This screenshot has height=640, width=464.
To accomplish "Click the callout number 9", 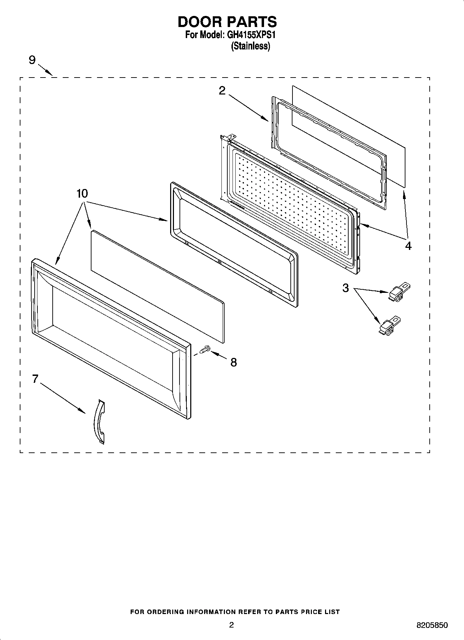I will click(32, 61).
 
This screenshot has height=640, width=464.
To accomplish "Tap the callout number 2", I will click(222, 91).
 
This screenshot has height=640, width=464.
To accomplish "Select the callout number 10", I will click(82, 193).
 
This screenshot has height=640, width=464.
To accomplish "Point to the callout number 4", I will click(408, 246).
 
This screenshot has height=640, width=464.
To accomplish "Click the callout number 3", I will click(345, 288).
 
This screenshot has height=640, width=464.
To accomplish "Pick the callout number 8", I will click(234, 362).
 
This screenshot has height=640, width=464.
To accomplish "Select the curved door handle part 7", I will click(99, 422).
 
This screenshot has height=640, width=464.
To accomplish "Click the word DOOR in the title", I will click(200, 22).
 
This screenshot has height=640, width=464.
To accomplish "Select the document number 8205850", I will click(432, 625).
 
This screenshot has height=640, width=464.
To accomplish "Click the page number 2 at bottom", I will click(231, 625).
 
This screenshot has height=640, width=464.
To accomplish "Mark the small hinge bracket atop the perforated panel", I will click(229, 138).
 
